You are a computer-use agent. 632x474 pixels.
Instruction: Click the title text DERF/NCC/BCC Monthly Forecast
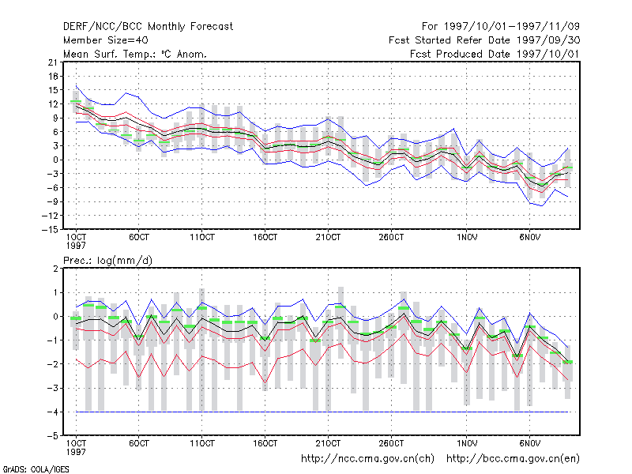[x=148, y=27]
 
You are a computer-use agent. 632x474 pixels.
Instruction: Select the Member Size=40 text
[x=106, y=40]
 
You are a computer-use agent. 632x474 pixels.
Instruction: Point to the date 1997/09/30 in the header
[x=548, y=40]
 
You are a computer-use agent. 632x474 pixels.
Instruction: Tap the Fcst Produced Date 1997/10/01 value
[x=548, y=54]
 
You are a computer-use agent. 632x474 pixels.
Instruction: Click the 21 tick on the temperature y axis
[x=52, y=62]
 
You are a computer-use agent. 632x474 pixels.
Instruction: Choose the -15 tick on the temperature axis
[x=50, y=229]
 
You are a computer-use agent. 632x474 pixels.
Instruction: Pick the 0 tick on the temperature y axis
[x=55, y=160]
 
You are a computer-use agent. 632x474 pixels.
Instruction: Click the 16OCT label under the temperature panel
[x=265, y=237]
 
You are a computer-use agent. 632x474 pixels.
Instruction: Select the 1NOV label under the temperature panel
[x=467, y=237]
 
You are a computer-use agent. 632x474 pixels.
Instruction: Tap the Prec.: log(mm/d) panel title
[x=107, y=261]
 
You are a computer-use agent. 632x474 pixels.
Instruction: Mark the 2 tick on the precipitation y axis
[x=55, y=269]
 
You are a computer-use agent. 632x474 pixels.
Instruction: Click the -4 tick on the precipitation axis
[x=52, y=412]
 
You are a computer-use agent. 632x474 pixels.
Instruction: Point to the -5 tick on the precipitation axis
[x=52, y=436]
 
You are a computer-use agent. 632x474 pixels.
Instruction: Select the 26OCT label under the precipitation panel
[x=391, y=443]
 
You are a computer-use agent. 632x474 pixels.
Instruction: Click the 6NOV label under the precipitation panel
[x=529, y=443]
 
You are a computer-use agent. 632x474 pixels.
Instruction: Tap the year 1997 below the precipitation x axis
[x=76, y=452]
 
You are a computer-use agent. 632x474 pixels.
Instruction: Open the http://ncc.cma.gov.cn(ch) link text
[x=367, y=459]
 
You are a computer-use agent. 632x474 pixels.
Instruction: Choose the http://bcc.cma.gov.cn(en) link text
[x=513, y=459]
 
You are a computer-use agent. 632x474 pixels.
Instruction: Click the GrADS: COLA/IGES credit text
[x=36, y=469]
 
